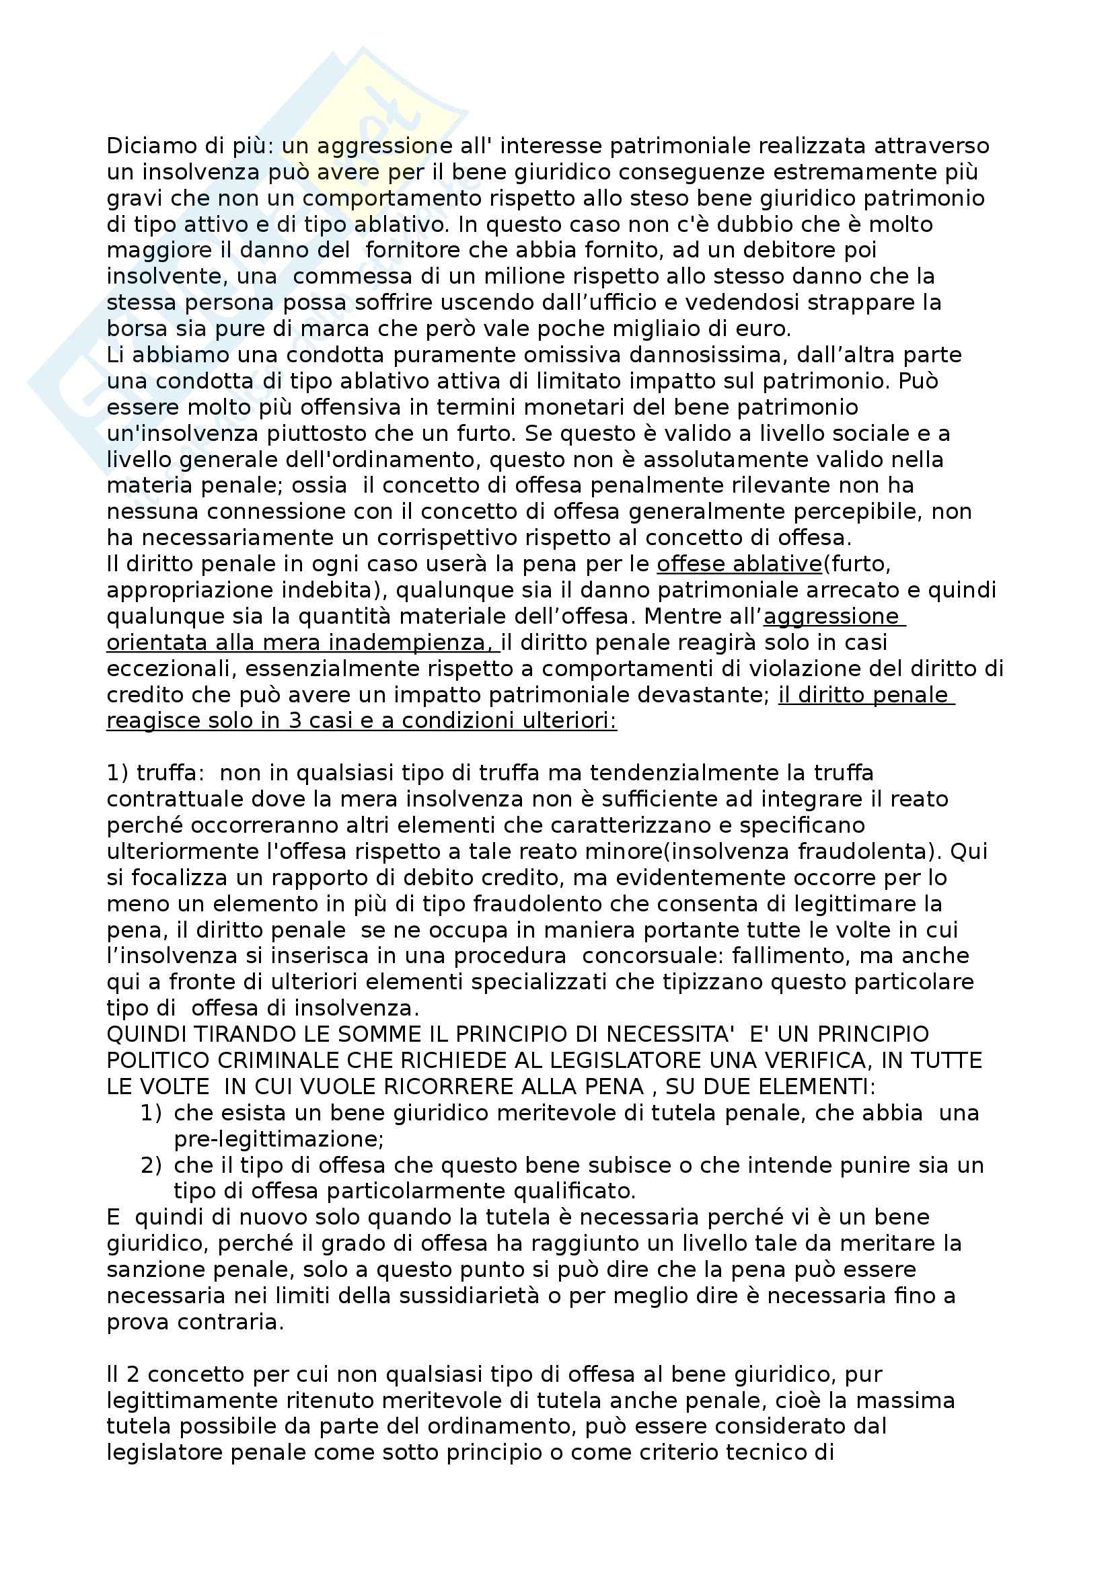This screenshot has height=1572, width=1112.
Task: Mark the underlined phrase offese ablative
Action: (x=739, y=563)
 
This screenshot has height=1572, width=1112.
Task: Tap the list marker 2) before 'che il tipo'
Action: (x=151, y=1165)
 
